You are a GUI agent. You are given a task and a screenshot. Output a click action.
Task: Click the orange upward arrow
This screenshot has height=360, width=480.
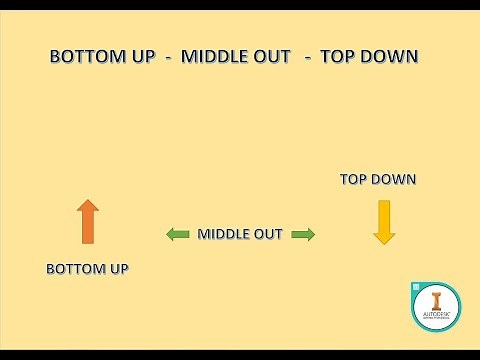(88, 222)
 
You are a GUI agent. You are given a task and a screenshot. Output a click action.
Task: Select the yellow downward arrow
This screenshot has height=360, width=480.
(383, 222)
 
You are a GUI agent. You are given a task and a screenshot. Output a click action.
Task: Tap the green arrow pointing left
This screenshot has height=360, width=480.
(178, 234)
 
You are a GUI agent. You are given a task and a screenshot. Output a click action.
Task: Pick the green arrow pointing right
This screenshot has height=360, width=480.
(303, 234)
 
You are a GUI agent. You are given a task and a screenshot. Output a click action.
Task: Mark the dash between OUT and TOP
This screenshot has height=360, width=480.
(308, 57)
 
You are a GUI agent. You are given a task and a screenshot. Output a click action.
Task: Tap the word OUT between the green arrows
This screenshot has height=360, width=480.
(270, 234)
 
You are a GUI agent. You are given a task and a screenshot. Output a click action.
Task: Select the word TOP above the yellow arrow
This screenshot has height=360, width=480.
(355, 180)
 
